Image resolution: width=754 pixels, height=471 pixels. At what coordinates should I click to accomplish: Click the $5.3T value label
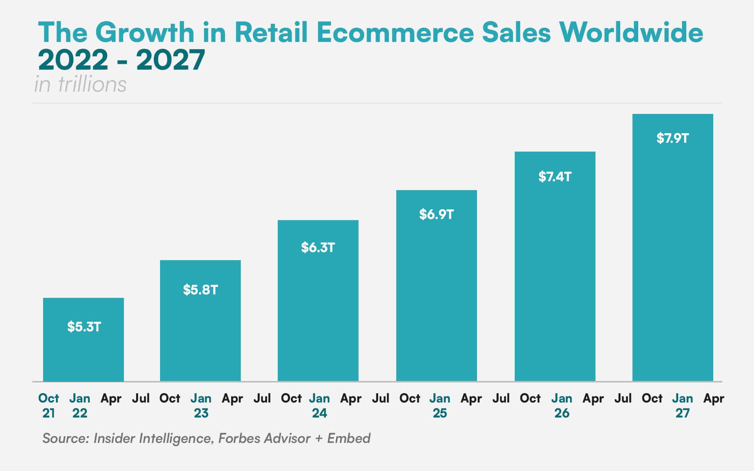click(x=84, y=327)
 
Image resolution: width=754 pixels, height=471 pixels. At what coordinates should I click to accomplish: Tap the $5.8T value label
click(x=200, y=290)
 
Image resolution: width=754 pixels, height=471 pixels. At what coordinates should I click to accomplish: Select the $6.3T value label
click(x=318, y=247)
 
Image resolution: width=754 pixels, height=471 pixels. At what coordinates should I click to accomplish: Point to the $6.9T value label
click(x=437, y=214)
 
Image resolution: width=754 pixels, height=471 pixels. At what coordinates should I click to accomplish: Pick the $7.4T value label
click(x=555, y=177)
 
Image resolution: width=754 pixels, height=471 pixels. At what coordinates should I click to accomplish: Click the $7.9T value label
click(x=672, y=138)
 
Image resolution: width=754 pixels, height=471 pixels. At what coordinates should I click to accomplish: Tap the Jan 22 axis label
click(x=80, y=406)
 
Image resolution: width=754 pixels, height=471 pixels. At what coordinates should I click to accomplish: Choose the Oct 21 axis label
click(x=48, y=406)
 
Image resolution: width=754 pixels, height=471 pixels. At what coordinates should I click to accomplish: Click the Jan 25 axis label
click(x=440, y=406)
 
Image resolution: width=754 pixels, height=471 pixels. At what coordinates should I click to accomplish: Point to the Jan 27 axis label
click(x=682, y=406)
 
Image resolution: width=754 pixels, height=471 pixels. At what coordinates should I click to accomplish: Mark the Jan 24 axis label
click(x=319, y=406)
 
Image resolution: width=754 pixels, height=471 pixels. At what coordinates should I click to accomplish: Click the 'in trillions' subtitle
click(x=80, y=84)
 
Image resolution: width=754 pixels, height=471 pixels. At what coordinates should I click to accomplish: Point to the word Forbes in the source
click(x=239, y=438)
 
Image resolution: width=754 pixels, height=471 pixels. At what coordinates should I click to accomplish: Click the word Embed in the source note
click(x=349, y=438)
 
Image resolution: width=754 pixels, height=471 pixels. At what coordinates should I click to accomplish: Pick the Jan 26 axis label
click(x=561, y=406)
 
